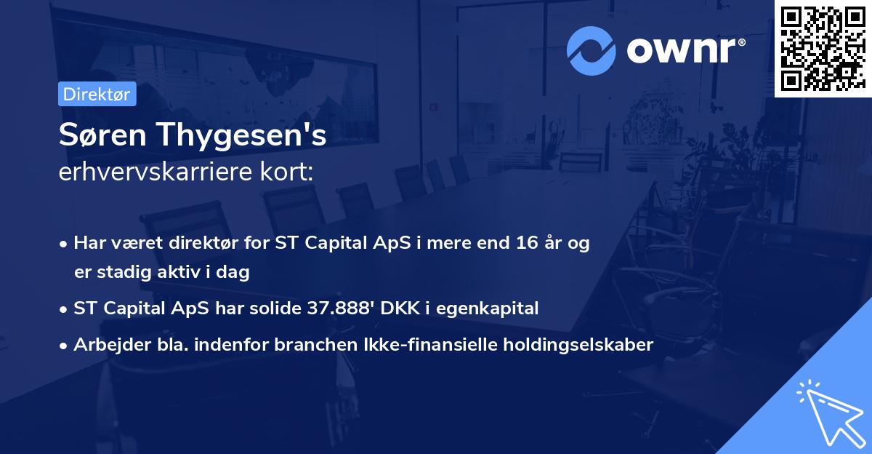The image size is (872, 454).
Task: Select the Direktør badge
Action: click(97, 95)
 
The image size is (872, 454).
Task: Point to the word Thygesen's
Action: click(239, 136)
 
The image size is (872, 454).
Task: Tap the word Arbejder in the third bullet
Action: click(105, 345)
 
